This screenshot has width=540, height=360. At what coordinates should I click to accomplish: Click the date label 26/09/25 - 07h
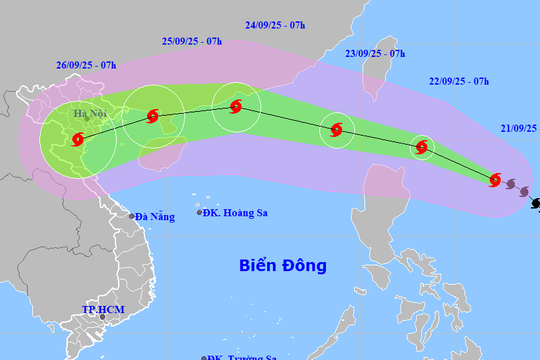click(86, 66)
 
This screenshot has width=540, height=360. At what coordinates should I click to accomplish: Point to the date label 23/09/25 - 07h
click(374, 53)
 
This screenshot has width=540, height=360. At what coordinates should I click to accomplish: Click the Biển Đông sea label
click(283, 265)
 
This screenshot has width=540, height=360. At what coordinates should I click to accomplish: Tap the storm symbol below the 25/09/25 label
click(153, 117)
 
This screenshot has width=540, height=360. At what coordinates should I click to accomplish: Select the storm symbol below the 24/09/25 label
click(236, 104)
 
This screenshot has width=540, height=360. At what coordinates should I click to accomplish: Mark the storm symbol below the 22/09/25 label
click(422, 148)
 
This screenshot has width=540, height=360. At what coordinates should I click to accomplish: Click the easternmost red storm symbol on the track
click(495, 180)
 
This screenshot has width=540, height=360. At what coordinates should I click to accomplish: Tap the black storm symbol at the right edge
click(536, 204)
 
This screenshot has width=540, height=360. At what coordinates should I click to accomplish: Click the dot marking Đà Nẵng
click(131, 216)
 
